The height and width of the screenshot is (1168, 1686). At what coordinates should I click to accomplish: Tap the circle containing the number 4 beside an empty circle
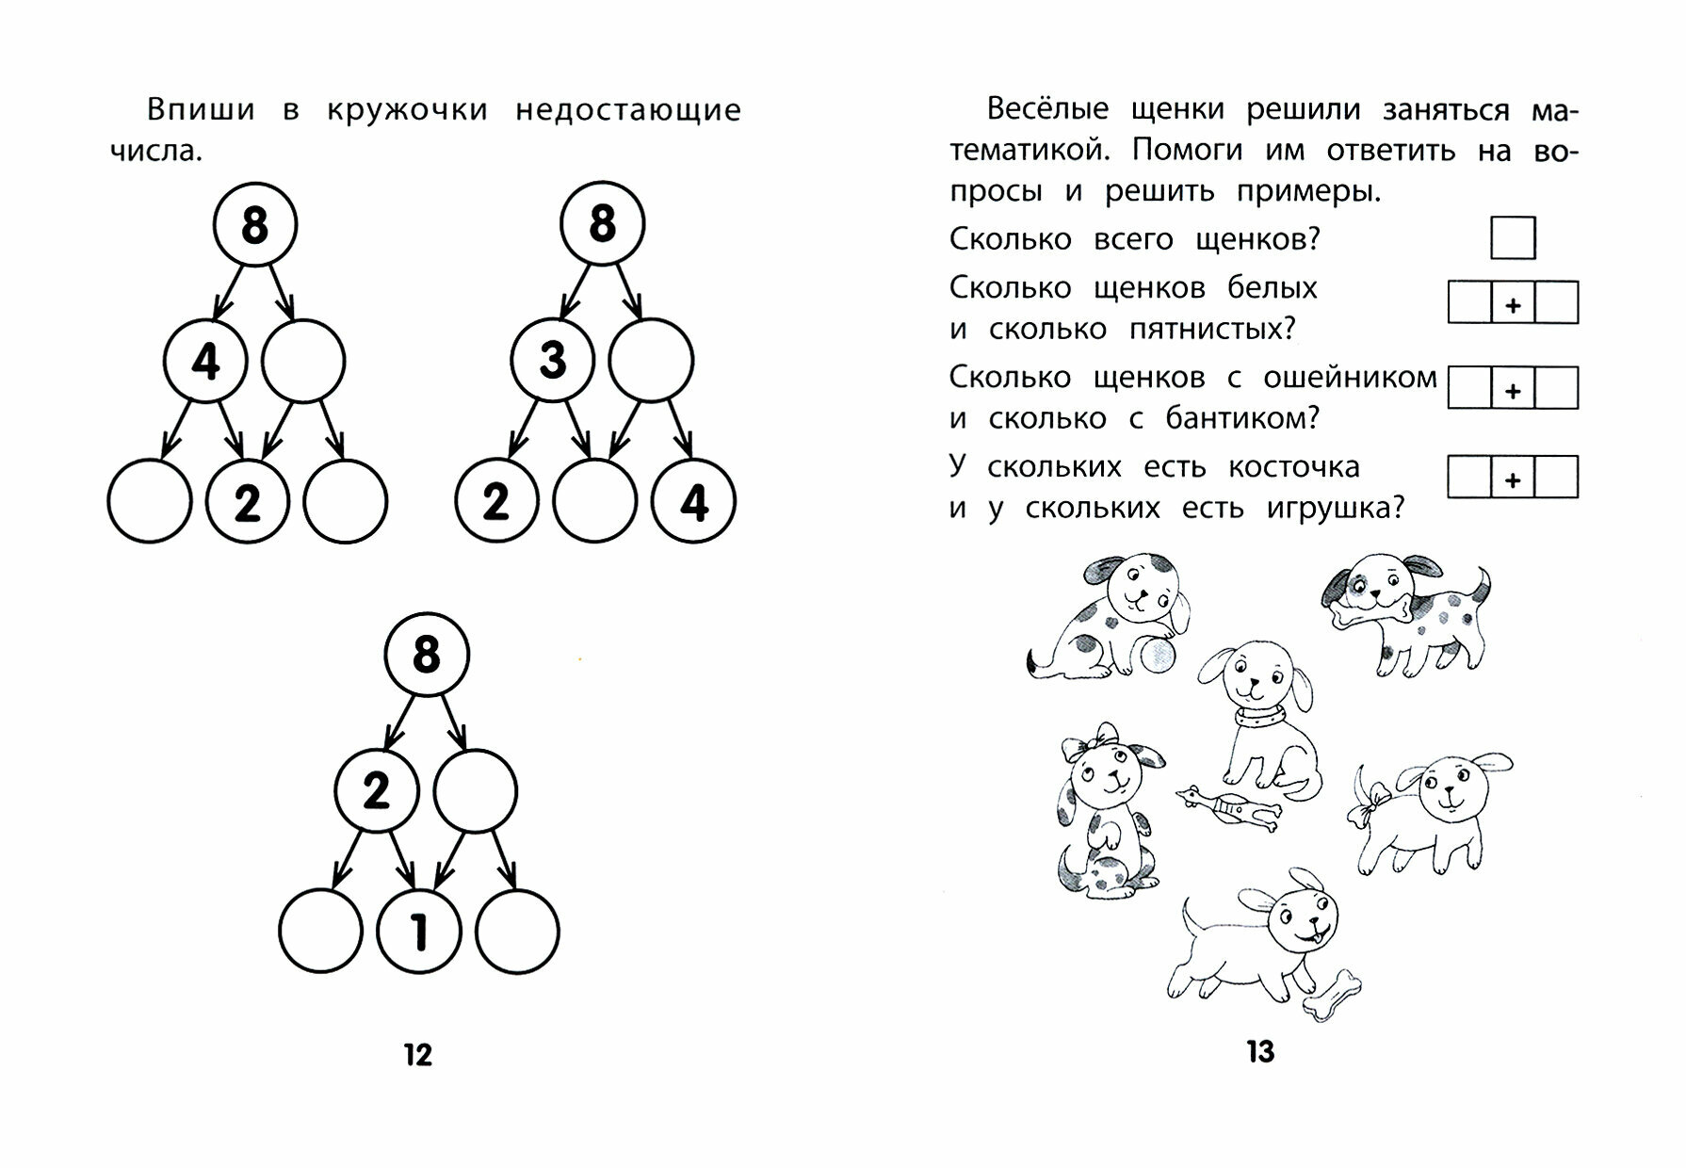(x=205, y=361)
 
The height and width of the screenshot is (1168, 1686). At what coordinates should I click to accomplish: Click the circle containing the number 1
(x=419, y=932)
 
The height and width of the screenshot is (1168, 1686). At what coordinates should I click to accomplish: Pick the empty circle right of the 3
(x=651, y=361)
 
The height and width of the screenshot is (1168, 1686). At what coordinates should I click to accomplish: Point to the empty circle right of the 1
(x=517, y=932)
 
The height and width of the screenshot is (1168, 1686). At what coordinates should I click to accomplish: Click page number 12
(x=417, y=1054)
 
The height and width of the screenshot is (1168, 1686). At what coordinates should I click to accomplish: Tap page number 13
(x=1260, y=1051)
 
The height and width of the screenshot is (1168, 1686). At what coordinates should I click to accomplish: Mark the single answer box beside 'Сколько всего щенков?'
(x=1513, y=237)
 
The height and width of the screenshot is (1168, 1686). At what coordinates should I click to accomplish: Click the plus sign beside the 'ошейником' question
(x=1513, y=390)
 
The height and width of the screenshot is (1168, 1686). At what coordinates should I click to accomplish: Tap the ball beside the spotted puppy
(x=1157, y=655)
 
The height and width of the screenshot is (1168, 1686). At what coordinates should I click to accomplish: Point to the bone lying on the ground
(x=1332, y=997)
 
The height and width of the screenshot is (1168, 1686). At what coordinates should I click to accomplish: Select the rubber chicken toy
(x=1227, y=808)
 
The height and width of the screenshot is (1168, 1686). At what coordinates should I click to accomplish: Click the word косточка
(x=1293, y=467)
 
